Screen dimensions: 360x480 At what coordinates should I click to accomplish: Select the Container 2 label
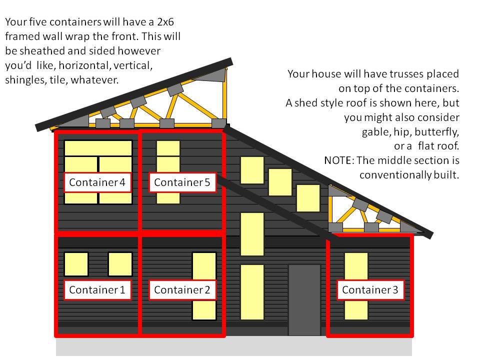[x=182, y=290]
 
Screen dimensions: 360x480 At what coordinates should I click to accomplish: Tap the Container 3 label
[x=370, y=290]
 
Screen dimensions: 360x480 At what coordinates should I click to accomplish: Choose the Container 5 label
[x=182, y=182]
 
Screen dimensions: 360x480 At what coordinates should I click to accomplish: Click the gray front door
[x=304, y=300]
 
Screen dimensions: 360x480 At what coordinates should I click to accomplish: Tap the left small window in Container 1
[x=76, y=263]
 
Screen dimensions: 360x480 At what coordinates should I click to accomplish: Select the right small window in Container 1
[x=120, y=263]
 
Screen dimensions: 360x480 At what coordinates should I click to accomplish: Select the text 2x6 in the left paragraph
[x=162, y=22]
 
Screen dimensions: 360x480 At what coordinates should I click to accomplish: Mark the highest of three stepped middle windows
[x=252, y=170]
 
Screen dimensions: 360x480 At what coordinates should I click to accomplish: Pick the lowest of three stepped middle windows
[x=308, y=198]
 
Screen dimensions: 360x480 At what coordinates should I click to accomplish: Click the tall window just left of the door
[x=252, y=292]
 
